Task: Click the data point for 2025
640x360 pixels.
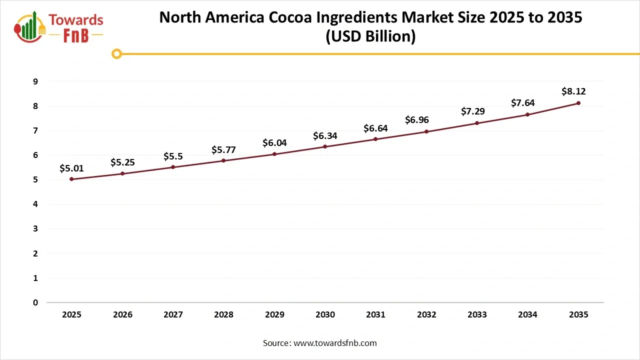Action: point(71,179)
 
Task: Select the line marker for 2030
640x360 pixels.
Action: point(325,146)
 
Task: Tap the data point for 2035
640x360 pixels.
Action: point(578,103)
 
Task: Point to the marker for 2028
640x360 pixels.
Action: point(223,160)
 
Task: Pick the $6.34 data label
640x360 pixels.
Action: point(325,135)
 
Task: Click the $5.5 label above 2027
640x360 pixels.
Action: point(173,156)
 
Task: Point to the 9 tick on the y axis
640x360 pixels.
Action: point(35,81)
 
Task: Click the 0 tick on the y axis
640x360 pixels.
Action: point(35,302)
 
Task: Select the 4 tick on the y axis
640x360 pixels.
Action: point(35,204)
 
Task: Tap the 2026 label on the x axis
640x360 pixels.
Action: point(122,315)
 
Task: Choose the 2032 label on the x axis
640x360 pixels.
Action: point(426,315)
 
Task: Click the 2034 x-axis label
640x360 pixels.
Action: point(527,315)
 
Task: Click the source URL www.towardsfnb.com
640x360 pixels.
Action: point(335,343)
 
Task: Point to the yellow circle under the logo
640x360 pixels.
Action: point(116,53)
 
